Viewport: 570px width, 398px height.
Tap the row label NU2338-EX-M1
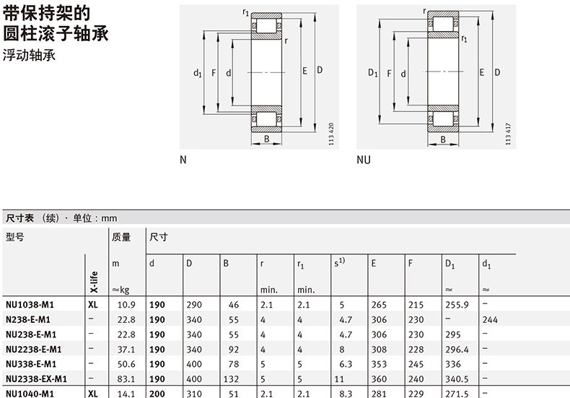point(35,378)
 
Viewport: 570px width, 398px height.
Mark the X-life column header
point(92,277)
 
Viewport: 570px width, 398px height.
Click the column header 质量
point(120,237)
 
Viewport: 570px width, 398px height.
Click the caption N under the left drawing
point(183,160)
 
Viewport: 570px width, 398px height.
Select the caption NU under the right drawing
point(364,160)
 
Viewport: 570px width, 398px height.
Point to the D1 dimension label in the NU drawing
point(372,72)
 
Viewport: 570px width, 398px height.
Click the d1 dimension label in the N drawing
point(196,72)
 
